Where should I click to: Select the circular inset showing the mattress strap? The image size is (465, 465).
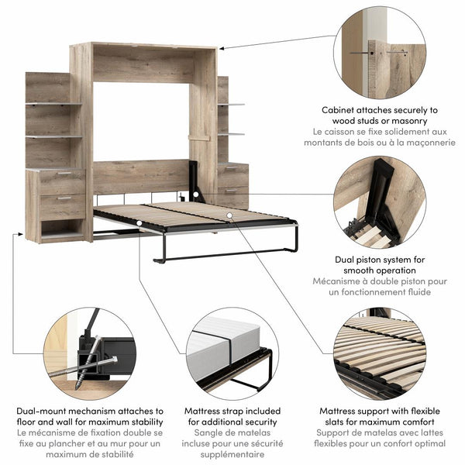coord(232,353)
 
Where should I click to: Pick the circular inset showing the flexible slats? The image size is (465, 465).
coord(380,353)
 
